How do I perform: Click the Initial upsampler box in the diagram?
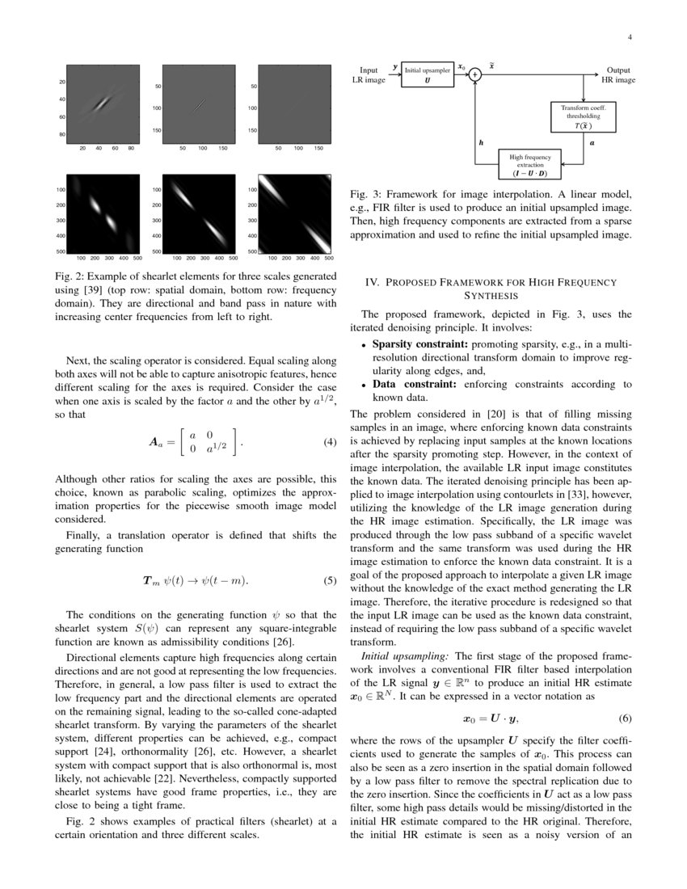tap(428, 75)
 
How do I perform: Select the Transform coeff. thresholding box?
tap(583, 116)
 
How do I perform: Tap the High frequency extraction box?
tap(530, 165)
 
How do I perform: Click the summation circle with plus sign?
tap(475, 74)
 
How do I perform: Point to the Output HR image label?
tap(618, 75)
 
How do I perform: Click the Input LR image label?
tap(369, 75)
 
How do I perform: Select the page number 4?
tap(629, 37)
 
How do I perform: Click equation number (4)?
tap(329, 443)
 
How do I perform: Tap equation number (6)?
tap(625, 718)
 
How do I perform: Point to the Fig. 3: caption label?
tap(366, 195)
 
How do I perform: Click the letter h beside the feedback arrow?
tap(481, 142)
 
